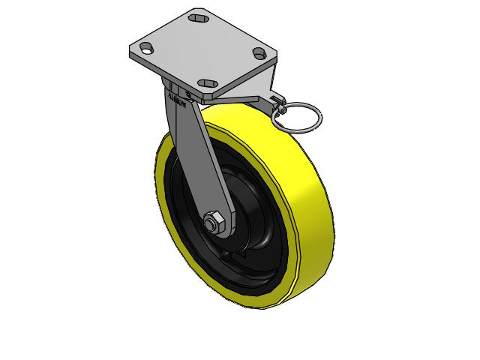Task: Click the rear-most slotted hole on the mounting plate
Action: pyautogui.click(x=199, y=16)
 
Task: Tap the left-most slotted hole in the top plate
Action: pyautogui.click(x=145, y=47)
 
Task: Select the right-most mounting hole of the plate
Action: pyautogui.click(x=259, y=52)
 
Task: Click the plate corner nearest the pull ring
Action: pyautogui.click(x=274, y=57)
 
